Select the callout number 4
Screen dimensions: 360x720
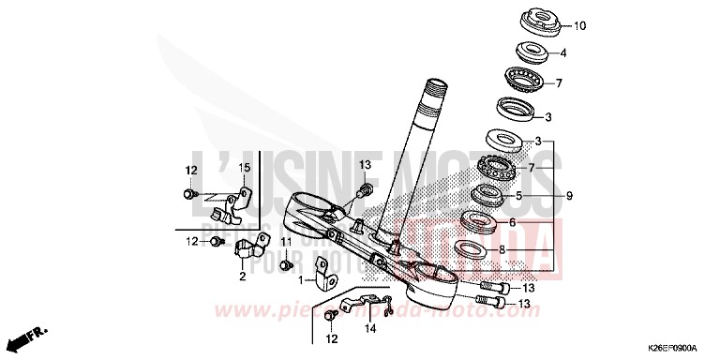[x=563, y=53]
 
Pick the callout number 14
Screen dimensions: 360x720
[x=370, y=329]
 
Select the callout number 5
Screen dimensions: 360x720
[x=517, y=197]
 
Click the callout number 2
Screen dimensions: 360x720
[x=241, y=277]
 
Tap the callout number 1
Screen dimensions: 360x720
[x=302, y=279]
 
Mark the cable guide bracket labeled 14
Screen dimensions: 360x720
[x=357, y=305]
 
